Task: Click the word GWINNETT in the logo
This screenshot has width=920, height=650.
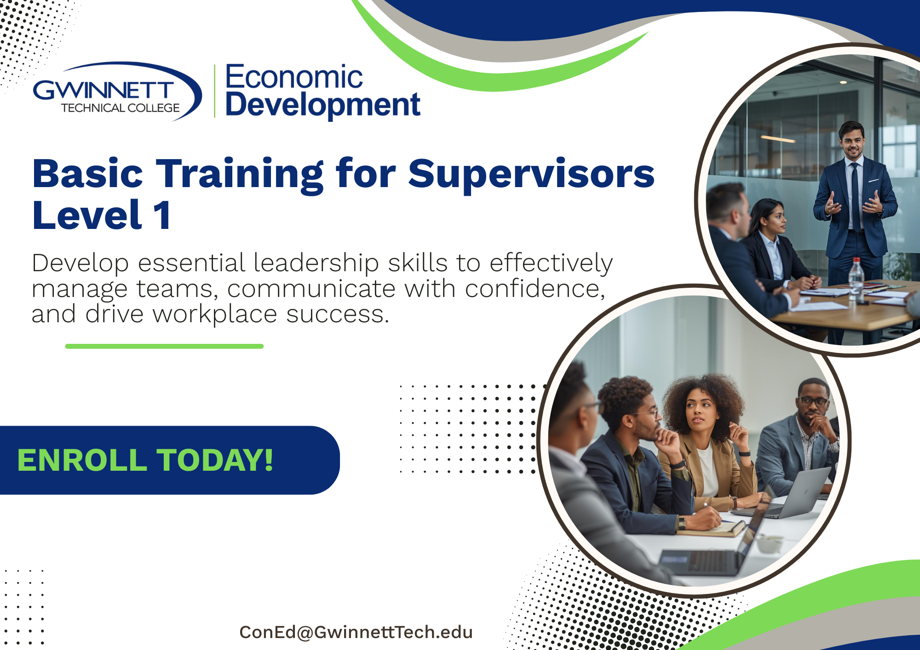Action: coord(103,90)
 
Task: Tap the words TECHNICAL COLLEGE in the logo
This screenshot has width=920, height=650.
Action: coord(121,108)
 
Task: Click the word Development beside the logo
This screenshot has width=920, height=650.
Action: coord(323,105)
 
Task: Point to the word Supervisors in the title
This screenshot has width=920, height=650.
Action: coord(531,174)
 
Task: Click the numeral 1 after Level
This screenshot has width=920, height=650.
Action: coord(162,215)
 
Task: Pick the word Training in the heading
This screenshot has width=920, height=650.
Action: coord(240,175)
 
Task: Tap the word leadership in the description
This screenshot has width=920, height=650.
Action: coord(316,263)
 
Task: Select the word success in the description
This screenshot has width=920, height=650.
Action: coord(338,315)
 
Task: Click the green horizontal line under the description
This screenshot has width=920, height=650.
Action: coord(164,346)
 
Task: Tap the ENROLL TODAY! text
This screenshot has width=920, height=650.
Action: coord(145,460)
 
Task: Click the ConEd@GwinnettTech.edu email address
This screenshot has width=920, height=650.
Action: coord(356,632)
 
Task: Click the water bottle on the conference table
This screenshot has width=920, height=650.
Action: coord(856,280)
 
